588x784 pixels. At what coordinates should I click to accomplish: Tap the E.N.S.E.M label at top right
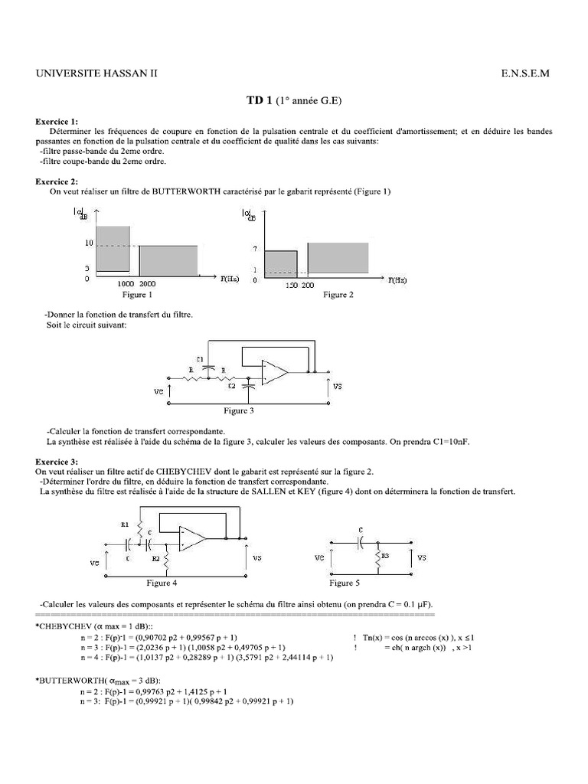point(525,73)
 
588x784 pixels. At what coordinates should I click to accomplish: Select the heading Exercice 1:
point(57,122)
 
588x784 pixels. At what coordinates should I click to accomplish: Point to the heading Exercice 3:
point(57,462)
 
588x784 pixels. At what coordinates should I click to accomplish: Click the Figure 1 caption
point(137,294)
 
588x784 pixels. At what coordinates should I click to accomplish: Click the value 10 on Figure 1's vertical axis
point(88,243)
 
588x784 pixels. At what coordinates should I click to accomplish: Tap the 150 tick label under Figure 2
point(291,284)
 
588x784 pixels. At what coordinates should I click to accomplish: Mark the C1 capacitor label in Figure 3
point(200,358)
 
